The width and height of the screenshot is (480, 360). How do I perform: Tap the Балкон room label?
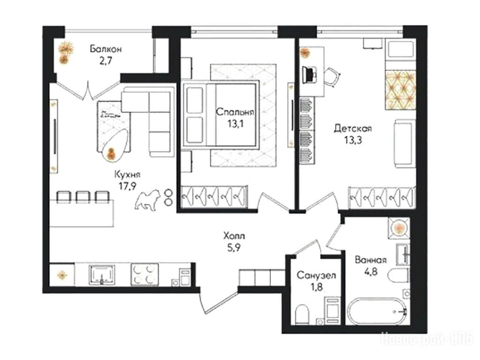(106, 49)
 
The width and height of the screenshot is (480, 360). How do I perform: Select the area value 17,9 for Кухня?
(127, 186)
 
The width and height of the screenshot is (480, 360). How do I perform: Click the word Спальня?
(235, 112)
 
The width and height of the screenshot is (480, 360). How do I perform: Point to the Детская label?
(352, 128)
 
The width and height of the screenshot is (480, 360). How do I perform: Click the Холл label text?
(234, 236)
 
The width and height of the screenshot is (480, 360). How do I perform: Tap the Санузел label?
(316, 276)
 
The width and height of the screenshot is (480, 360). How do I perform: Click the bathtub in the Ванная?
(377, 311)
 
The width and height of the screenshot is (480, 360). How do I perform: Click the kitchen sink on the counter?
(102, 275)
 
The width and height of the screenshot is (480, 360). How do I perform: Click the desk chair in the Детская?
(332, 76)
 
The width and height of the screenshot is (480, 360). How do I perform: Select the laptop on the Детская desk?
(309, 75)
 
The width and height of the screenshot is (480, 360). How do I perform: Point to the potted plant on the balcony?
(65, 52)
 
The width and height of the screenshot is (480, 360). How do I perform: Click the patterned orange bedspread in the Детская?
(400, 90)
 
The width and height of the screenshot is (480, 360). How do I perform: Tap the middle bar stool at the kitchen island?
(82, 197)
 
